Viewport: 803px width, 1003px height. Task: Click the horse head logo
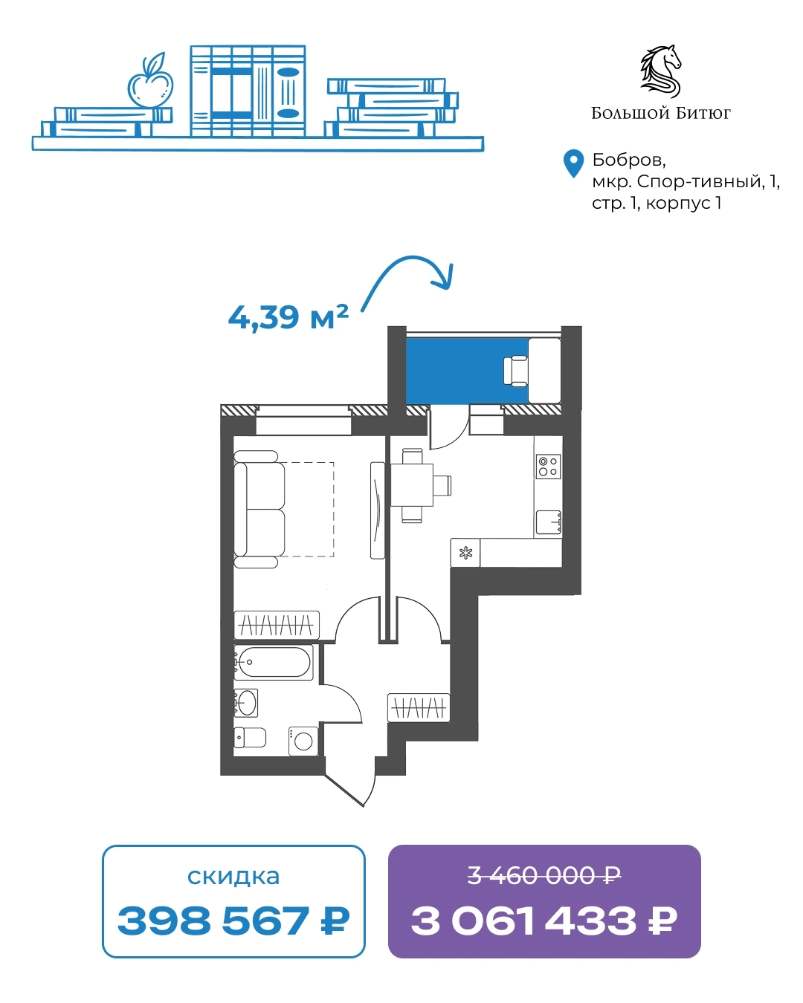pyautogui.click(x=661, y=71)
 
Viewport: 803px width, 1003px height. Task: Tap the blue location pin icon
pyautogui.click(x=573, y=163)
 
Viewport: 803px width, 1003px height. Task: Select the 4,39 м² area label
pyautogui.click(x=288, y=318)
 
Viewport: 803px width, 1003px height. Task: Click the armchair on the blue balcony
pyautogui.click(x=516, y=371)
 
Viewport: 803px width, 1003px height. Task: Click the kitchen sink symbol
pyautogui.click(x=548, y=522)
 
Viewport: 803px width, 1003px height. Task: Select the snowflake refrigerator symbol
pyautogui.click(x=465, y=553)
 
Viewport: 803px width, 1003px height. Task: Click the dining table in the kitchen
pyautogui.click(x=411, y=485)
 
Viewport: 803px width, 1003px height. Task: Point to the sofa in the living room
pyautogui.click(x=259, y=509)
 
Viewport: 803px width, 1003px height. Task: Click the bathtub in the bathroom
pyautogui.click(x=273, y=662)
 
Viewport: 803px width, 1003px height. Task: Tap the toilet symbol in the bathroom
pyautogui.click(x=250, y=738)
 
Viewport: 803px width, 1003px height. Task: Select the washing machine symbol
pyautogui.click(x=303, y=741)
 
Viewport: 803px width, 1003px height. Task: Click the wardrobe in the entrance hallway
pyautogui.click(x=419, y=708)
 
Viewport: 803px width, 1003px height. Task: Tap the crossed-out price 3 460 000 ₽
pyautogui.click(x=544, y=875)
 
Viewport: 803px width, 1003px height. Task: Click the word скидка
pyautogui.click(x=233, y=876)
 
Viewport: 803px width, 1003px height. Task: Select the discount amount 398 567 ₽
pyautogui.click(x=233, y=921)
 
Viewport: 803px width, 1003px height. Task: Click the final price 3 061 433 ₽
pyautogui.click(x=544, y=921)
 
